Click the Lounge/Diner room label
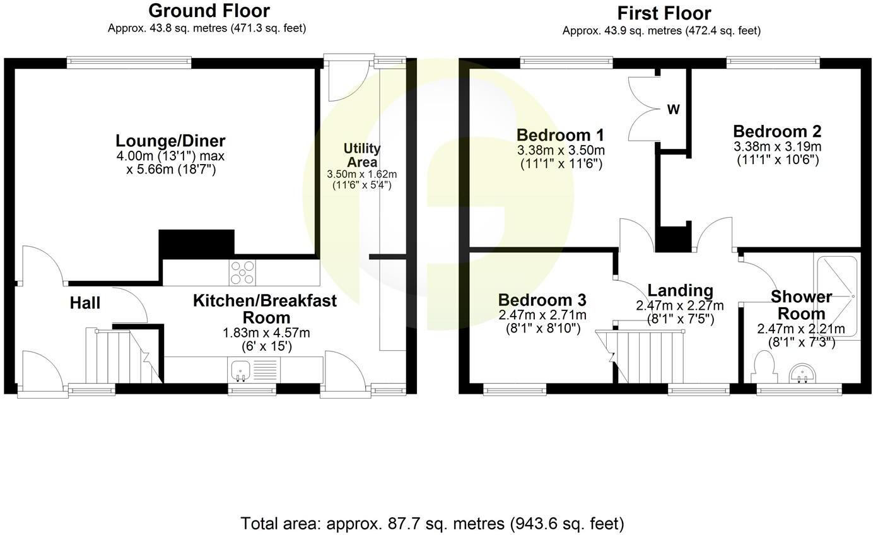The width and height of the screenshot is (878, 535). coord(170,141)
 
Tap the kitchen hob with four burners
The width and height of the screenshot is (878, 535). coord(243,273)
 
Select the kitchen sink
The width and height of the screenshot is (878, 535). coord(240,369)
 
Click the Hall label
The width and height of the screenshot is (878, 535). coord(85,303)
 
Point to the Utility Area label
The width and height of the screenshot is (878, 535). coord(361,155)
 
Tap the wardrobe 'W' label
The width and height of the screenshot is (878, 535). coord(674,110)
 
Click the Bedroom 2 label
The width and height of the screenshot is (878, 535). coord(777,132)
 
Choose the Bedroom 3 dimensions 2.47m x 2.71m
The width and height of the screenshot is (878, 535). coord(542,315)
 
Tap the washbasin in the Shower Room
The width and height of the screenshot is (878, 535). coord(803,373)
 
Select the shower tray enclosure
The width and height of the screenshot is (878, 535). coord(836,295)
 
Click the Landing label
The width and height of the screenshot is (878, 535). coord(680,291)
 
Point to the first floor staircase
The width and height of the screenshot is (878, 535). coord(650,356)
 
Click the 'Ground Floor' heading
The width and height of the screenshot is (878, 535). coord(209,11)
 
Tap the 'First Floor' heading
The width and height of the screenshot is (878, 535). coord(664,13)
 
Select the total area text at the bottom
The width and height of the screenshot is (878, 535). coord(432,523)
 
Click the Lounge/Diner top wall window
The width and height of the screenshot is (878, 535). coord(129,62)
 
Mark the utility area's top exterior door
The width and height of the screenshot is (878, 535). coord(347,79)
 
